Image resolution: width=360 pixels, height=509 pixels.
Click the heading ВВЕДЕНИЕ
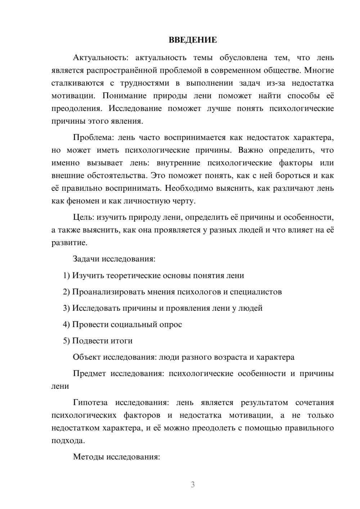(x=193, y=40)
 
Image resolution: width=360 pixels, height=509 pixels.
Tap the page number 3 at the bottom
(x=193, y=485)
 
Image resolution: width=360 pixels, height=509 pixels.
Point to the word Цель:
(x=84, y=217)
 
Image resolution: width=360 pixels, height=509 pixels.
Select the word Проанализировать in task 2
(x=108, y=292)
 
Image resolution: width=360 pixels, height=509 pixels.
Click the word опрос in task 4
(x=171, y=325)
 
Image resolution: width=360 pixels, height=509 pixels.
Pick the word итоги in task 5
(x=121, y=341)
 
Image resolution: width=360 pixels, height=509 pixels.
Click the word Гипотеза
(x=90, y=403)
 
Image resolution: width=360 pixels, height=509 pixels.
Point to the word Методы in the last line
(x=87, y=457)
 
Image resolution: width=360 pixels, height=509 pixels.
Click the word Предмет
(x=89, y=374)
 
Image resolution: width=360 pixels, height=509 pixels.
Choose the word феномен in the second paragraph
(x=84, y=201)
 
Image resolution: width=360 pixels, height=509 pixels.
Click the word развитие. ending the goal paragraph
(x=69, y=243)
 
